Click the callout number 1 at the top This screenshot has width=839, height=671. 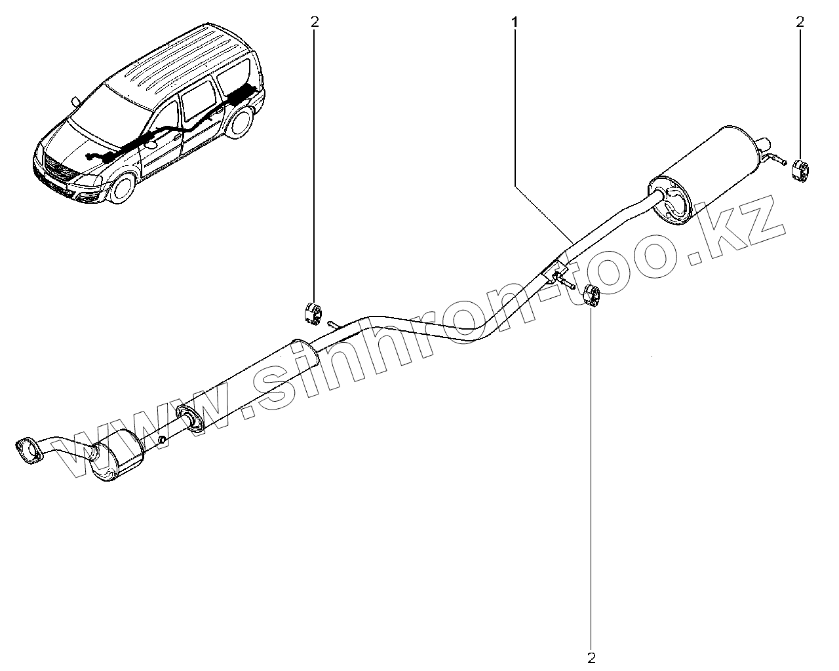coord(515,22)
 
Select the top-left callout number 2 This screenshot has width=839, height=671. coord(315,22)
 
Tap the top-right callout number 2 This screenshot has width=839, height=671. coord(799,22)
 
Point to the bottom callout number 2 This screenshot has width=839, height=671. coord(592,656)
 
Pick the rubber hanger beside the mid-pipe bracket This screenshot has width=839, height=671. coord(592,296)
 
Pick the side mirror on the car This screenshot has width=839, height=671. coord(76,102)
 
